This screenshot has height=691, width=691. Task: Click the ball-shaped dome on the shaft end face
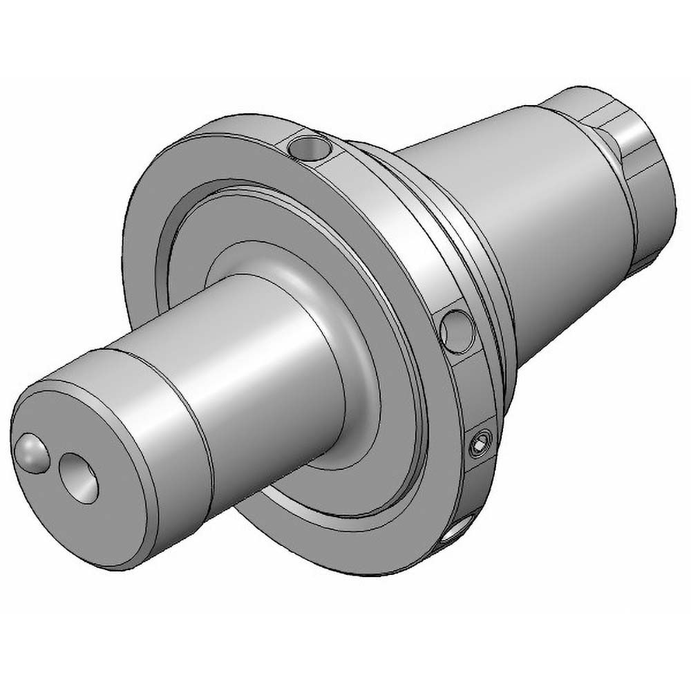(30, 453)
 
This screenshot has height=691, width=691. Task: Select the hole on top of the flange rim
(309, 146)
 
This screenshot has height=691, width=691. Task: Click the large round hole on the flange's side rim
(457, 330)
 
